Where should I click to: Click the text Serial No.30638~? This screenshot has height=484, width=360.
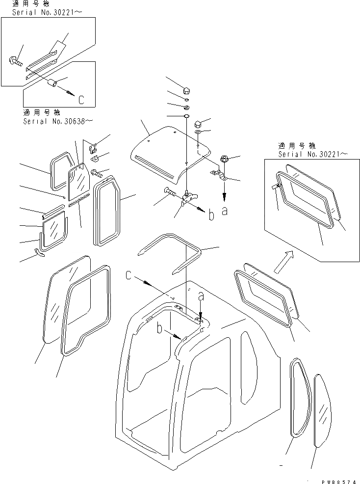coord(63,121)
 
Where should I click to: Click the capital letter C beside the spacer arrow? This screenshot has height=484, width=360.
coord(81,100)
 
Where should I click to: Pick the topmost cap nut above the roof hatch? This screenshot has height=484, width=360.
coord(186,90)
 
